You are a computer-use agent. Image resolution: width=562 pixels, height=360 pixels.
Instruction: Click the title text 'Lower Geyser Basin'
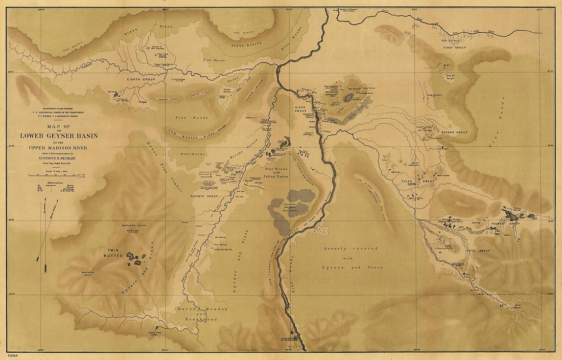[59, 136]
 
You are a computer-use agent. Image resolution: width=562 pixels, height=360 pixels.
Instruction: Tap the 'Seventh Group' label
[204, 196]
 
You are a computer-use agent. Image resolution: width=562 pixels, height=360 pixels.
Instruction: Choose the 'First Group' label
[455, 47]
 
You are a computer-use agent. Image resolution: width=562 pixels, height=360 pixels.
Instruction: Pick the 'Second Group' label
[454, 132]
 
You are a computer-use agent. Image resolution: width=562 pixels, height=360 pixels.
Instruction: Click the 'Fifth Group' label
[478, 251]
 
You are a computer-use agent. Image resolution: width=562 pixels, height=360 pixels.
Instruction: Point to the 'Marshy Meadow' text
[202, 309]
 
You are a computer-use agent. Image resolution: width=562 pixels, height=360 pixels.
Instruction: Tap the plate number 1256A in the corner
[14, 355]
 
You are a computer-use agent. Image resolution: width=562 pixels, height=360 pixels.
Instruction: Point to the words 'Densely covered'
[350, 249]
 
